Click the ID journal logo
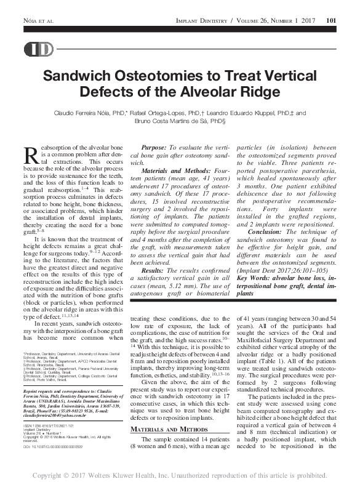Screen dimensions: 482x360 (38, 50)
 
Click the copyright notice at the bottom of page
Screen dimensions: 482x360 (180, 475)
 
